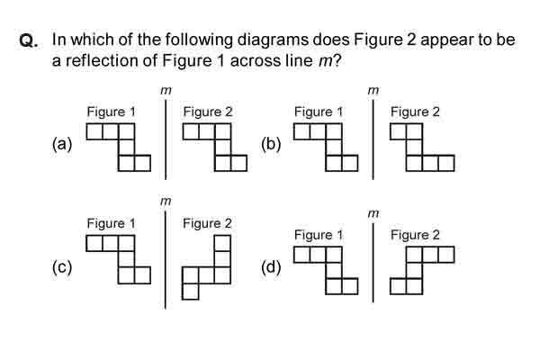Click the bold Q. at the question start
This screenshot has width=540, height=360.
(29, 40)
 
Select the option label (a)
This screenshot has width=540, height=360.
(62, 144)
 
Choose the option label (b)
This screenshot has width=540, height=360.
(271, 144)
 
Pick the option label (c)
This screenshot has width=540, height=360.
(62, 267)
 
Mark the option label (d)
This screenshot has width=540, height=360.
(271, 267)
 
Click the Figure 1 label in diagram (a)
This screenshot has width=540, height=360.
(112, 112)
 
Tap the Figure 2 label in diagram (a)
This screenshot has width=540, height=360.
(208, 112)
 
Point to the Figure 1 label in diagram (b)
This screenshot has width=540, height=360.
(319, 112)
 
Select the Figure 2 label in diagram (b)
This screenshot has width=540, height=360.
(415, 112)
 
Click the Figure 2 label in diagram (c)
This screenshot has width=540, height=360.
(207, 223)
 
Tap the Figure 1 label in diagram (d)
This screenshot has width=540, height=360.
(319, 235)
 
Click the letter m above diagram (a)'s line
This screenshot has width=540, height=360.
(166, 91)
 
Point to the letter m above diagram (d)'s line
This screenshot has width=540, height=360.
(373, 214)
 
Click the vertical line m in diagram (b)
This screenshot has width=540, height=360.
(373, 139)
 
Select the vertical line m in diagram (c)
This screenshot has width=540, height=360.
(166, 260)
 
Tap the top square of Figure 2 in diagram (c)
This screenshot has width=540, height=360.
(222, 243)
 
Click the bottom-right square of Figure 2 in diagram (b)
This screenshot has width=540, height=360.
(446, 163)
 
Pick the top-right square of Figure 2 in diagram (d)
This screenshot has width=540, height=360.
(446, 255)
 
